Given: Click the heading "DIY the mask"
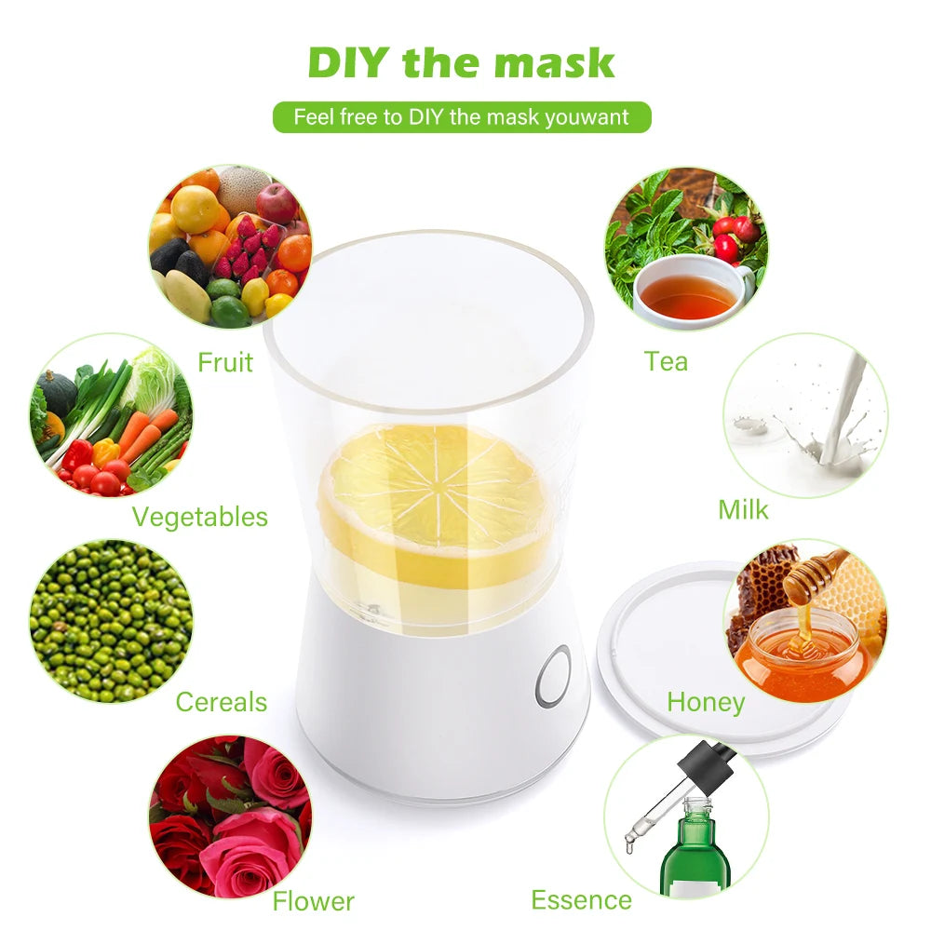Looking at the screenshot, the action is pos(462,62).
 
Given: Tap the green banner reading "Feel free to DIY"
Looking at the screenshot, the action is pos(462,117).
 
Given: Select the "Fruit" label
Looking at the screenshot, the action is pos(225,361).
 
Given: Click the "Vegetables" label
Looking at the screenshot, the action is pos(199,517).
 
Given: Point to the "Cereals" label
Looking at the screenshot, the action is pos(221,702).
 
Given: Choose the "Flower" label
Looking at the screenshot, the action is pos(313,901).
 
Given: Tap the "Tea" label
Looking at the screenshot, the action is pos(666,361).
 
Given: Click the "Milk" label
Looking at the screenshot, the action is pos(743,509).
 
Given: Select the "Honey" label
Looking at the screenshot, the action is pos(706,702).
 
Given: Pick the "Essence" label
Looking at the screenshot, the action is pos(581,900).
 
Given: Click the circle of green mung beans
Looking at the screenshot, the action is pos(111,620).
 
